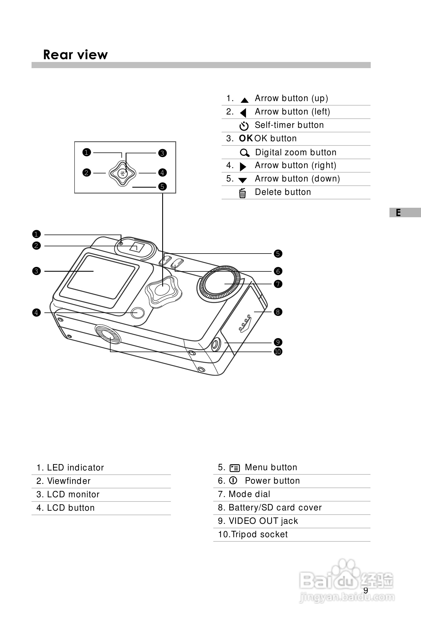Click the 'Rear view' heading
pos(75,55)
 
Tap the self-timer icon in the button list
pos(244,126)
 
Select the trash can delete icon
pos(243,193)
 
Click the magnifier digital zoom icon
pos(245,153)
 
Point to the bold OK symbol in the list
pos(246,138)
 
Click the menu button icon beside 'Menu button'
pos(235,468)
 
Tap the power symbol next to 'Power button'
pos(233,480)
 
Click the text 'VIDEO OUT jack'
pos(263,521)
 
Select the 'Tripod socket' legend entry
pos(253,534)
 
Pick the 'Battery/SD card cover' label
pos(275,508)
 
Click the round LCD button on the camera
pos(137,313)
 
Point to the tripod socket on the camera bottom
pos(108,334)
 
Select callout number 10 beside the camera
pos(278,352)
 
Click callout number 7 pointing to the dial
pos(278,284)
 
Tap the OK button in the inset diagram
pos(123,173)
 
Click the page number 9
pos(366,590)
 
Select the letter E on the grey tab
pos(398,213)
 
